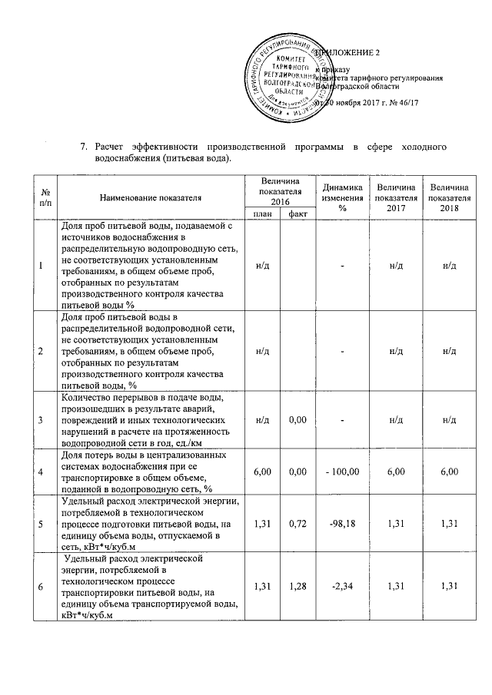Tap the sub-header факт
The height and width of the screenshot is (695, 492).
294,213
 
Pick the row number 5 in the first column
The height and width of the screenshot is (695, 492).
40,523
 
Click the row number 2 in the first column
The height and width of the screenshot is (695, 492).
40,350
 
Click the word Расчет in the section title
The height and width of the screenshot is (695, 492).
110,146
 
